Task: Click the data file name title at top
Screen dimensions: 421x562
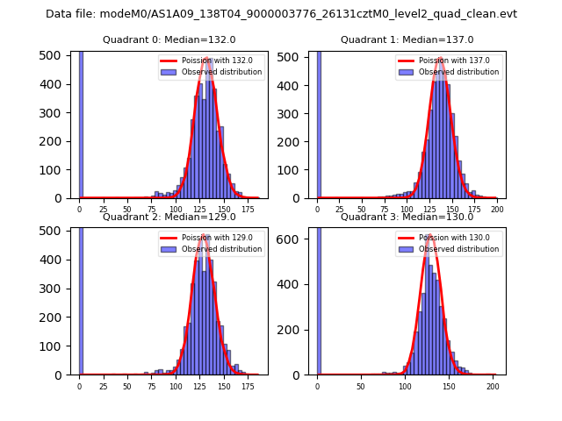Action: (281, 14)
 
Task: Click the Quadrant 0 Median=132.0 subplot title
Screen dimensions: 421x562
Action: (169, 39)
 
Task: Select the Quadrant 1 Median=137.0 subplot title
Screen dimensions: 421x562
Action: (407, 39)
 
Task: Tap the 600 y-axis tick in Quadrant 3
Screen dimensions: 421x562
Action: (294, 239)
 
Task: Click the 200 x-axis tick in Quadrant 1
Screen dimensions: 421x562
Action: (496, 210)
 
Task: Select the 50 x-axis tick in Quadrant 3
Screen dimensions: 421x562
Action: (361, 387)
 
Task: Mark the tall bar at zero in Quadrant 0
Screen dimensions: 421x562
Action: (81, 123)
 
